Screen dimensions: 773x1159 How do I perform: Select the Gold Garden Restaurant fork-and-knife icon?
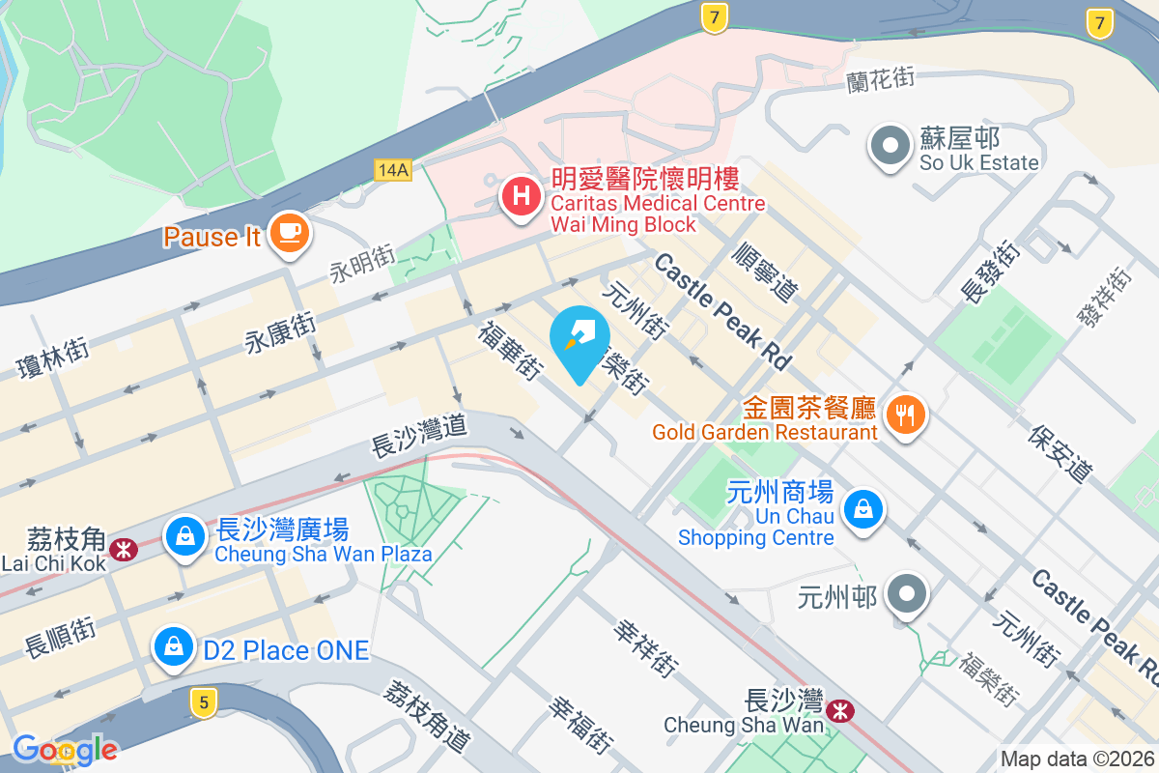tap(905, 415)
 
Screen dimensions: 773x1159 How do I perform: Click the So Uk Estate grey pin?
tap(890, 147)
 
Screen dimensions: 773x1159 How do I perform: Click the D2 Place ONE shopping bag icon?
tap(173, 646)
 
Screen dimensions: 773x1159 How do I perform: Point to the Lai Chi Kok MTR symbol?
tap(124, 550)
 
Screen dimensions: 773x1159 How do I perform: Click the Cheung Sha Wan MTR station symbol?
tap(841, 712)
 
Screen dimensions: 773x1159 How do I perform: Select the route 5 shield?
tap(202, 702)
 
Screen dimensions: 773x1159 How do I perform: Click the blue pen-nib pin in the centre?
tap(580, 339)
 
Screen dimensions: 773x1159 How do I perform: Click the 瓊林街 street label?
tap(53, 354)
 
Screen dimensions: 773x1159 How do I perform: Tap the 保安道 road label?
tap(1060, 453)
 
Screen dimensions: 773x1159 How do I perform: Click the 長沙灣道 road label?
tap(419, 436)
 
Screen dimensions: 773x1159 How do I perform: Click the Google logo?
tap(66, 749)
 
